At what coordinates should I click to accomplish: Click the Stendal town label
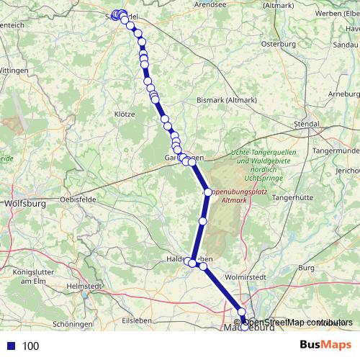307,124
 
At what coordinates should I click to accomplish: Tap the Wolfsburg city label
25,204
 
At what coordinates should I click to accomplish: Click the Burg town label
307,267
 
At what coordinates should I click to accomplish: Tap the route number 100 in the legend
30,346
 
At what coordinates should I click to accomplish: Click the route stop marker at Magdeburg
243,323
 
